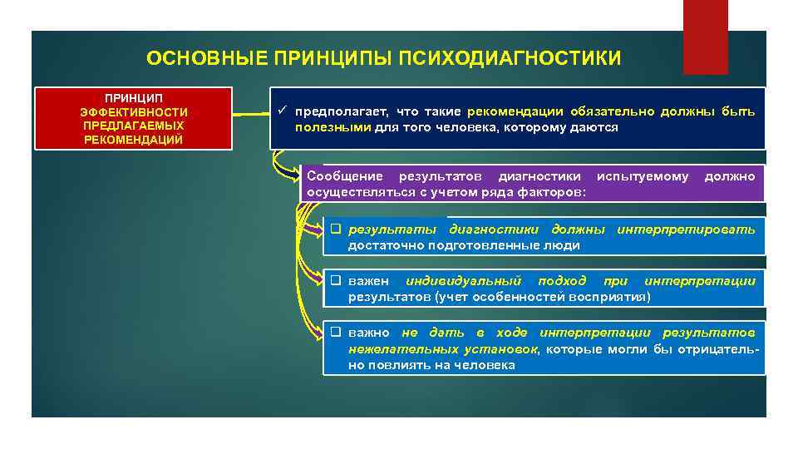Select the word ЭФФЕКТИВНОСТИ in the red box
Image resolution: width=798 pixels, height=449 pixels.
point(134,111)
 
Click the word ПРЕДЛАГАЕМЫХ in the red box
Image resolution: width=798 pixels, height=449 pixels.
point(134,125)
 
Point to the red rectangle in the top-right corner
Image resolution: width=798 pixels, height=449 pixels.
point(705,37)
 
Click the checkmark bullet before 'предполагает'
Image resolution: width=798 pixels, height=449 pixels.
point(283,111)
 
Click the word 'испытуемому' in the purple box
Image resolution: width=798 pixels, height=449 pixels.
point(643,176)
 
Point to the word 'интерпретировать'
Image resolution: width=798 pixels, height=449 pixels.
point(686,229)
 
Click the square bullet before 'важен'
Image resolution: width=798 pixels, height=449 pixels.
point(336,281)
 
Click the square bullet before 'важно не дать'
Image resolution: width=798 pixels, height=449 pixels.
point(336,333)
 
